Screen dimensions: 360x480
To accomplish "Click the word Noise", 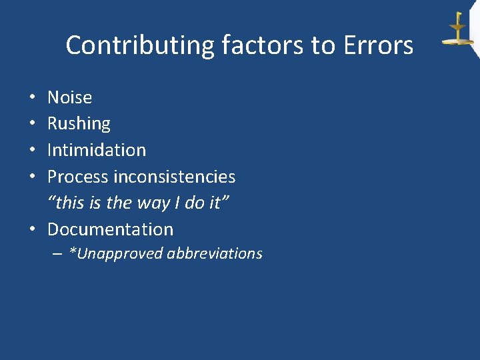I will pos(69,97).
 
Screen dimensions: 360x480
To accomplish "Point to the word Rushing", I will pos(79,123).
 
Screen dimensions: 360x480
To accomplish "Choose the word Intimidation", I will pos(97,150).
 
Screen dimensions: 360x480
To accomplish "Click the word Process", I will pos(78,177).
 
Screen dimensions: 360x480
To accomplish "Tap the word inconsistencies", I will pos(175,177).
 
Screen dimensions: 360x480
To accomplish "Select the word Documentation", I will pos(110,229).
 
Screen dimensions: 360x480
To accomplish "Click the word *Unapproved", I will pos(116,254).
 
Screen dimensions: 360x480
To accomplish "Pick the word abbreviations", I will pos(215,254).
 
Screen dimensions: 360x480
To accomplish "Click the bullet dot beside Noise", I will pos(33,98).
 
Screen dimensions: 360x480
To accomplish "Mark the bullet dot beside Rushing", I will pos(33,124).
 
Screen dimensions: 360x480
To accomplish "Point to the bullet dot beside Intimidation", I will pos(33,151).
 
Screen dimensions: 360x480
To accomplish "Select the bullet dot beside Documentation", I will pos(33,230).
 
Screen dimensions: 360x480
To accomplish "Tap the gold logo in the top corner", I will pos(458,30).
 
